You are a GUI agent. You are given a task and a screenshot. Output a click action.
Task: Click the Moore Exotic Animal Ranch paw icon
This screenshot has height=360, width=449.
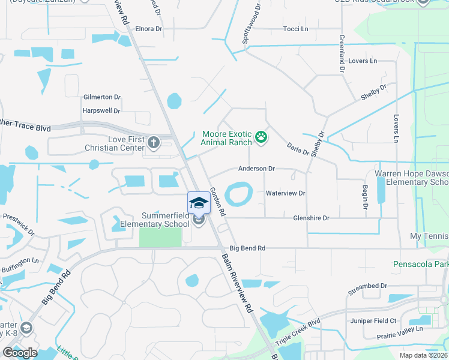click(261, 137)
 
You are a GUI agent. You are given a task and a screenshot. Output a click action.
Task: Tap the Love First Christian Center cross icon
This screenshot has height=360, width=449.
click(154, 143)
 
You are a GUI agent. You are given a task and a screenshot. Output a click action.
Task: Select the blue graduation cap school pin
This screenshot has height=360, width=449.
click(199, 203)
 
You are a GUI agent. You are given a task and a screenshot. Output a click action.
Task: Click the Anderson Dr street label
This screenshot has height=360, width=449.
click(256, 169)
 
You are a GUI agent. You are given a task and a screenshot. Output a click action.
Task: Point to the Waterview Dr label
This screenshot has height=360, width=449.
click(286, 193)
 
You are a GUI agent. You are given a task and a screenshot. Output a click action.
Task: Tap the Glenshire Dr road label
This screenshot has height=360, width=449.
click(311, 218)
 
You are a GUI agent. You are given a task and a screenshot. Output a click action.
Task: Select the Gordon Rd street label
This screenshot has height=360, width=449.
click(217, 202)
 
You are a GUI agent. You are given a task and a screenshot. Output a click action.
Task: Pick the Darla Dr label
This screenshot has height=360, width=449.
click(297, 149)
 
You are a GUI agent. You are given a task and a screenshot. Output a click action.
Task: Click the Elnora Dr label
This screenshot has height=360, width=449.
click(149, 28)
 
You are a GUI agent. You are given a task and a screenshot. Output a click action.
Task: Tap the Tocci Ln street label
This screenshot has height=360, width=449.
click(295, 29)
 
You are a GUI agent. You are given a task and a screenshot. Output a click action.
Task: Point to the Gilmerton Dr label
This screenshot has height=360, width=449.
click(102, 97)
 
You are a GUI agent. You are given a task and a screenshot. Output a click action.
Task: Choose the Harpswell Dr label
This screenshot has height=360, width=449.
click(101, 111)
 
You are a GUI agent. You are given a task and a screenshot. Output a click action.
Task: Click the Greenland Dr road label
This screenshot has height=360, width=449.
click(342, 55)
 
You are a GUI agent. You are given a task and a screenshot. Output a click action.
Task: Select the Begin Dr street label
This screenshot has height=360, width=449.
click(364, 197)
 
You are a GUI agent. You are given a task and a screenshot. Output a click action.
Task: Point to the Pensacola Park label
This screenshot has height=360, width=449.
click(421, 264)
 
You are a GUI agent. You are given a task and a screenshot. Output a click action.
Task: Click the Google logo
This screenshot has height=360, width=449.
click(20, 352)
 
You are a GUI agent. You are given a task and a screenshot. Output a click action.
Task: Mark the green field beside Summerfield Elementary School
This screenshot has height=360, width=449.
click(160, 237)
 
